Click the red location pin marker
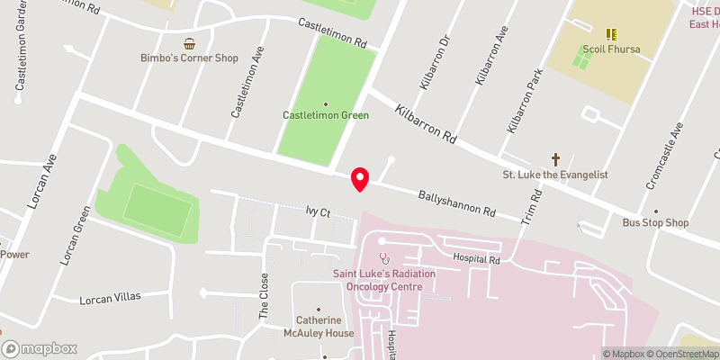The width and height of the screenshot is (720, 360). [x=360, y=179]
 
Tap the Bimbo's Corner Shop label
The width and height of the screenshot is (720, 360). [x=189, y=58]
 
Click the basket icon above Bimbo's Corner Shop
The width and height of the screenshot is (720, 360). [x=189, y=43]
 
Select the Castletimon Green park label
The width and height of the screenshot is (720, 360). [x=326, y=116]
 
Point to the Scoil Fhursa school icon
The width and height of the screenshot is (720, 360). [x=611, y=34]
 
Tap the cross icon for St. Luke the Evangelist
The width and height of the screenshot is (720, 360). [x=555, y=158]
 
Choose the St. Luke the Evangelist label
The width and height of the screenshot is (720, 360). [x=555, y=174]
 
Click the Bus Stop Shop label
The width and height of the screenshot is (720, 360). [x=655, y=223]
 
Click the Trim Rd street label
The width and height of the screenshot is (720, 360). [x=535, y=205]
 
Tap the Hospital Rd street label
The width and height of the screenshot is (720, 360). [x=476, y=259]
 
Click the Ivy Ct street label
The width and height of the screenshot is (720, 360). [x=319, y=212]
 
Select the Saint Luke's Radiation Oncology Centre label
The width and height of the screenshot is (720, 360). [x=377, y=280]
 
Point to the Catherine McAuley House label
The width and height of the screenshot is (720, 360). [x=326, y=326]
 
